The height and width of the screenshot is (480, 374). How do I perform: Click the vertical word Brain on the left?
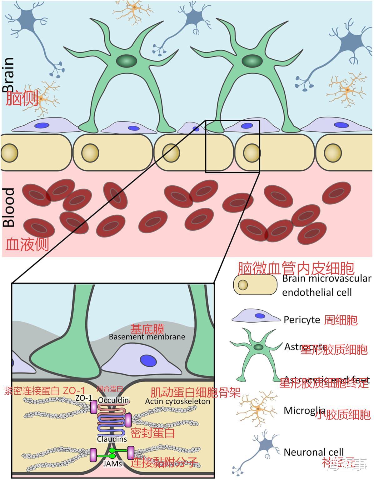point(8,75)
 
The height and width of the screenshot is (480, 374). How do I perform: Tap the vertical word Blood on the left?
point(9,207)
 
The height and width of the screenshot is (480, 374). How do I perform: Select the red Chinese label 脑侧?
point(22,98)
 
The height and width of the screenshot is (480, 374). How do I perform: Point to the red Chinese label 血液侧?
point(27,244)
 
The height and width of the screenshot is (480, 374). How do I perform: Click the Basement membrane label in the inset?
point(147,337)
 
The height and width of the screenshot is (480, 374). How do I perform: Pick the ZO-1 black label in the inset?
point(84,398)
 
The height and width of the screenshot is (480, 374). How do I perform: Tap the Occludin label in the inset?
point(113,400)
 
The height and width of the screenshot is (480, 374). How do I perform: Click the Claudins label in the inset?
point(112,439)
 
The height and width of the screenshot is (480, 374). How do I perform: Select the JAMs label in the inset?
point(112,463)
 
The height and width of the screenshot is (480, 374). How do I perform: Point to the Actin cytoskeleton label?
point(177,401)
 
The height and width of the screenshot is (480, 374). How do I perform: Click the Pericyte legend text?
point(302,320)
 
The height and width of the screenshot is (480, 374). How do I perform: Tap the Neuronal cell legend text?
point(313,452)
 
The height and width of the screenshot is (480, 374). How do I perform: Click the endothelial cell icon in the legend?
point(255,285)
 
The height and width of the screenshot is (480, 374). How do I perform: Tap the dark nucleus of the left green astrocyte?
point(126,61)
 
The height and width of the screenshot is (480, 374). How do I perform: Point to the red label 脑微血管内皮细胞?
point(296,268)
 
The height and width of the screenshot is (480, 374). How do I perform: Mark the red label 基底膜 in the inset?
point(147,329)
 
